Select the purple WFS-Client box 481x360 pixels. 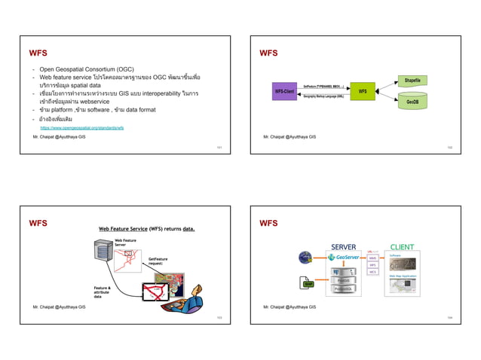[283, 91]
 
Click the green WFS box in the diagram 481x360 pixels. [362, 91]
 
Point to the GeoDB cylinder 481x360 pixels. [412, 102]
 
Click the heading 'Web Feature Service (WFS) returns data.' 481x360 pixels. [147, 228]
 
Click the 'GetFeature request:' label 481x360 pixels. [158, 261]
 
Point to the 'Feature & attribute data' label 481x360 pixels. [103, 292]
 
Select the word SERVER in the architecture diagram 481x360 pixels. [344, 246]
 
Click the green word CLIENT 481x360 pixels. [403, 246]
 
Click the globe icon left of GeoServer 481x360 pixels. [305, 258]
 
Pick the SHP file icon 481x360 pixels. [307, 283]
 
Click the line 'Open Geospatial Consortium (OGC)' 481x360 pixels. [86, 69]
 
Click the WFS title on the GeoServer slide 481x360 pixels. [268, 223]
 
